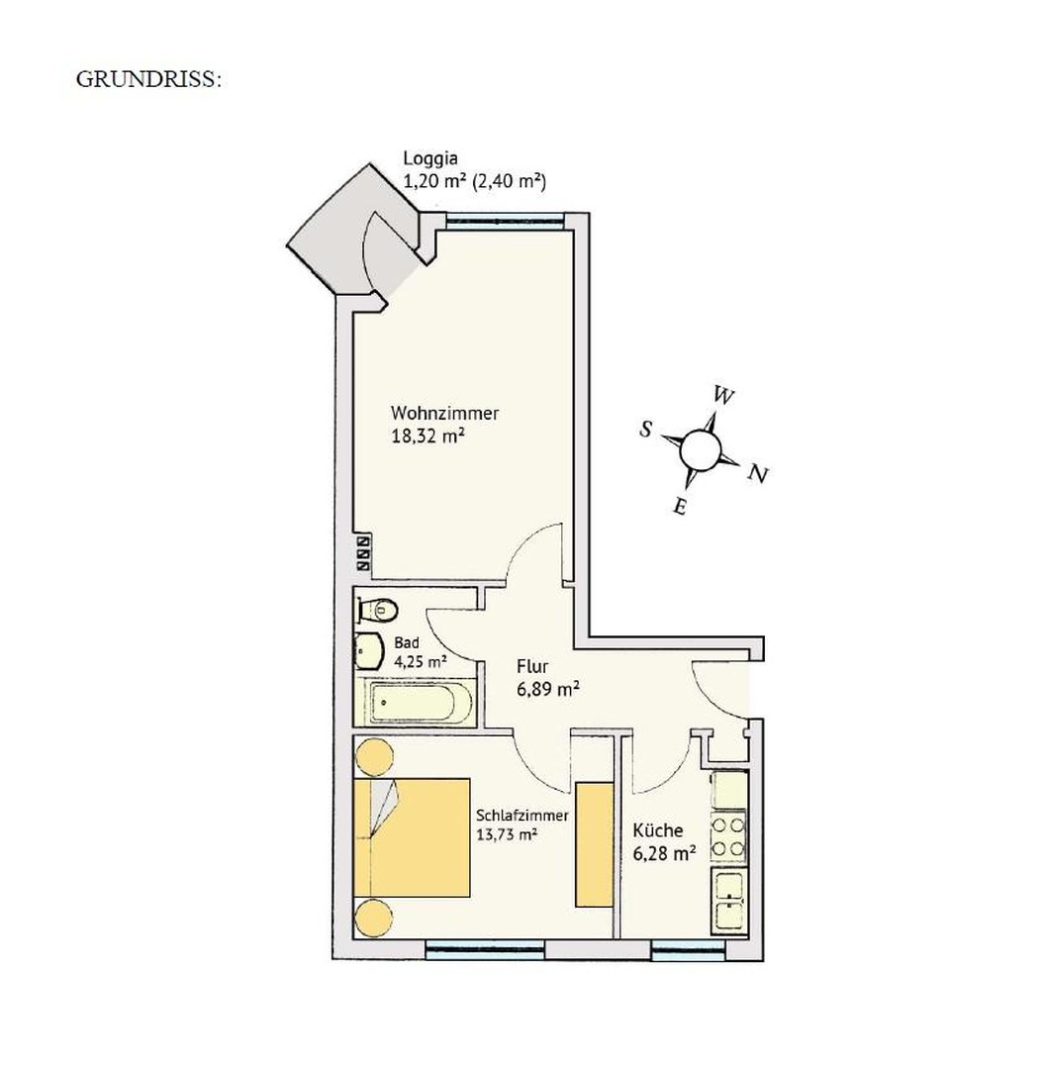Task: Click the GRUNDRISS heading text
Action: (148, 80)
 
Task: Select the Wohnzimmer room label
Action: (444, 413)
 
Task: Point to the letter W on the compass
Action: (724, 396)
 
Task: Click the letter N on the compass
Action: (758, 474)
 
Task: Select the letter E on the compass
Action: (680, 507)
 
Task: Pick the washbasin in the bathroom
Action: (369, 651)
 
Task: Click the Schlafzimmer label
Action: (521, 816)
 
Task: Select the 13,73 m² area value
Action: (507, 835)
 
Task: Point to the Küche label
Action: (658, 831)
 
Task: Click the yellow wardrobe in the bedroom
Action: (595, 843)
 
